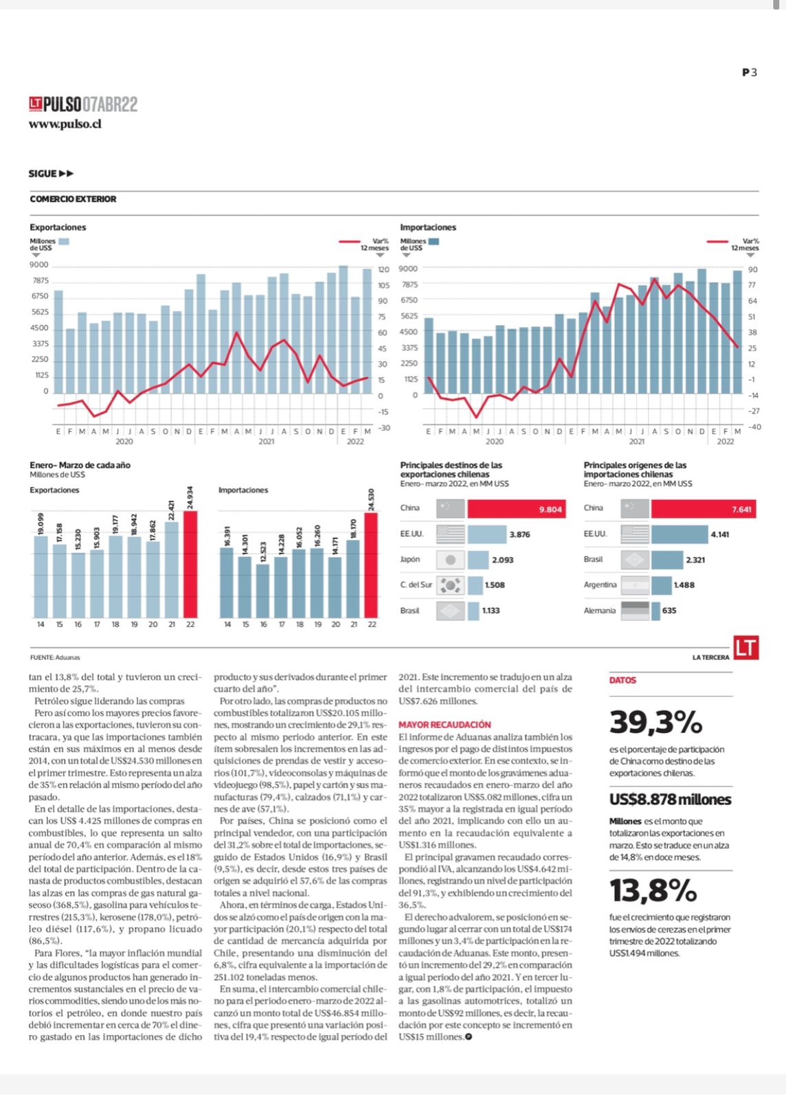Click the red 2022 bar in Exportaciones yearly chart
(190, 564)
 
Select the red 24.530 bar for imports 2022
(372, 565)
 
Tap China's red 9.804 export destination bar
(517, 509)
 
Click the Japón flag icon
(450, 560)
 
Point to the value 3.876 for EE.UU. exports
(519, 535)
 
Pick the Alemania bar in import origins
(655, 611)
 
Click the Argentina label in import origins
(600, 585)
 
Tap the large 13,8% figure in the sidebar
(653, 890)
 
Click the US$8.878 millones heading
(670, 800)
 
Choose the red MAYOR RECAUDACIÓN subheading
(445, 725)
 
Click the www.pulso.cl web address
(65, 124)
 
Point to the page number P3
(749, 73)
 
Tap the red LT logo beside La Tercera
(746, 648)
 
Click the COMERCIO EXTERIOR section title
(73, 199)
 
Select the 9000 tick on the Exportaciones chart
(39, 265)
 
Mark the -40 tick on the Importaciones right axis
(754, 427)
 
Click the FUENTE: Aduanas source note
(55, 657)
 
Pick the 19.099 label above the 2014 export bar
(41, 523)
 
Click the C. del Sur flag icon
(450, 585)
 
